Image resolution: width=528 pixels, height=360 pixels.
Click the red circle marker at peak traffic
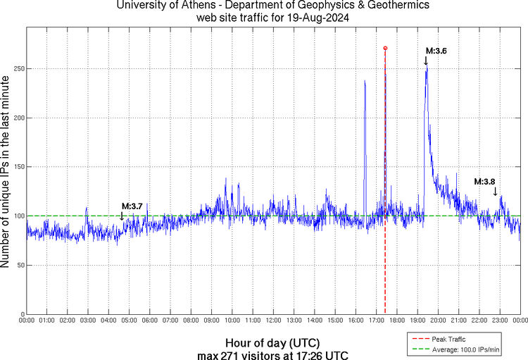coord(385,48)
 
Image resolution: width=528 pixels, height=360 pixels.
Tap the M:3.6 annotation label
coord(436,51)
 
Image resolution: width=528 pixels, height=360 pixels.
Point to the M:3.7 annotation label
coord(132,206)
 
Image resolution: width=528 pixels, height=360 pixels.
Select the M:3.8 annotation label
coord(484,182)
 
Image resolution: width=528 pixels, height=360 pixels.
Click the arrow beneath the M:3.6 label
coord(426,61)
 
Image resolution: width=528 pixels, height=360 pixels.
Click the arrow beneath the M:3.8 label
coord(495,192)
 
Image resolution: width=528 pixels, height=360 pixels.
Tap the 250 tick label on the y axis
coord(15,69)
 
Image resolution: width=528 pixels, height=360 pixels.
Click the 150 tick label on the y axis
coord(15,167)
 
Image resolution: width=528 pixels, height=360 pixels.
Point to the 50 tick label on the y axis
coord(18,266)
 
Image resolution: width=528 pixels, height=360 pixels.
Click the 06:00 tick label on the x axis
coord(150,321)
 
